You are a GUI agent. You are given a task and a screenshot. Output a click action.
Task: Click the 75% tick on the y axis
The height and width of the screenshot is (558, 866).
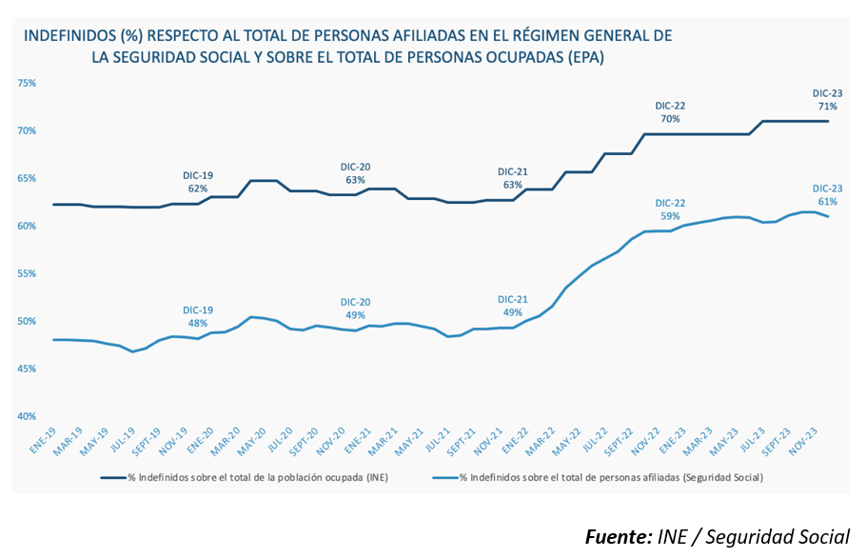click(x=27, y=83)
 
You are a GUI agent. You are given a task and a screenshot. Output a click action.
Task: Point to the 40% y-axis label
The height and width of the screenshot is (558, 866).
click(x=27, y=416)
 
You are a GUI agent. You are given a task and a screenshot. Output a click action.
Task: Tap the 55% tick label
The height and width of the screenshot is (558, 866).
click(x=27, y=273)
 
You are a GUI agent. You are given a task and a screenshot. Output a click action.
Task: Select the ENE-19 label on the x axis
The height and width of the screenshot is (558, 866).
click(x=42, y=440)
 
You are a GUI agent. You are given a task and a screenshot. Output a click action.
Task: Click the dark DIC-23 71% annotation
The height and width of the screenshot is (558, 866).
click(x=827, y=100)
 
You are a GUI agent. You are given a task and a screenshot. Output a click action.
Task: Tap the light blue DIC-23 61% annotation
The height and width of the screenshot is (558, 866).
click(x=827, y=195)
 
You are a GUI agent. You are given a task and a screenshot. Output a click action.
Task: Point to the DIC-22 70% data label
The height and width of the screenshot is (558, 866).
click(x=670, y=112)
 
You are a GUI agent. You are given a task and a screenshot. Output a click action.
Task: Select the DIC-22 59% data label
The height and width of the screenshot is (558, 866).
click(x=670, y=209)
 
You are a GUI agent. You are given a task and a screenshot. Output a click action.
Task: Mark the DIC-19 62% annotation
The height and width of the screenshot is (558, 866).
click(x=198, y=182)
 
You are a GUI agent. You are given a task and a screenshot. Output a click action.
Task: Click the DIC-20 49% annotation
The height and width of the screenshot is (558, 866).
click(x=355, y=309)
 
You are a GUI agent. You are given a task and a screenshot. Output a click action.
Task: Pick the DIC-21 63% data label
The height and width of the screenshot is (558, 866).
click(x=512, y=178)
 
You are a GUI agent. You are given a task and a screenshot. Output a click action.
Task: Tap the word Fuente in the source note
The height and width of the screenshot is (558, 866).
click(x=617, y=535)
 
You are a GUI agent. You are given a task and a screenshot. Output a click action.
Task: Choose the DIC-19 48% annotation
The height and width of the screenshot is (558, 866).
click(x=198, y=316)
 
